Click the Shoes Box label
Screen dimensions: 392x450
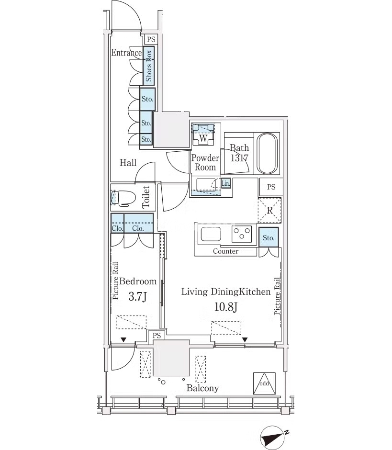click(149, 66)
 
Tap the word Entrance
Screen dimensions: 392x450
click(126, 53)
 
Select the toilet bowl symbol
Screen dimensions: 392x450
click(123, 198)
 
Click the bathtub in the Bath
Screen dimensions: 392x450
click(267, 154)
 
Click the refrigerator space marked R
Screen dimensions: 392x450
click(269, 210)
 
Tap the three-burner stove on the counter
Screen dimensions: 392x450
click(242, 234)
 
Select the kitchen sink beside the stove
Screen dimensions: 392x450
click(211, 234)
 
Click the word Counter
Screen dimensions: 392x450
click(225, 251)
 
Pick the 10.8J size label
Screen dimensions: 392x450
click(226, 307)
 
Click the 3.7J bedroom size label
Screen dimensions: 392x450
click(138, 296)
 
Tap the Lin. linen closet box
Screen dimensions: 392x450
click(225, 183)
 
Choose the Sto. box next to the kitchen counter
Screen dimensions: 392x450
click(269, 237)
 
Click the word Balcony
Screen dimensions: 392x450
click(202, 388)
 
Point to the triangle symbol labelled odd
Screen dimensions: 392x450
click(264, 383)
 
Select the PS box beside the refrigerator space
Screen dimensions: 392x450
click(271, 187)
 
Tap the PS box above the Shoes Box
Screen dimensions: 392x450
click(151, 39)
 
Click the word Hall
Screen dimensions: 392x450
click(128, 163)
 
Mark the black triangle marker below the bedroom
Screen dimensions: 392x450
click(123, 340)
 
